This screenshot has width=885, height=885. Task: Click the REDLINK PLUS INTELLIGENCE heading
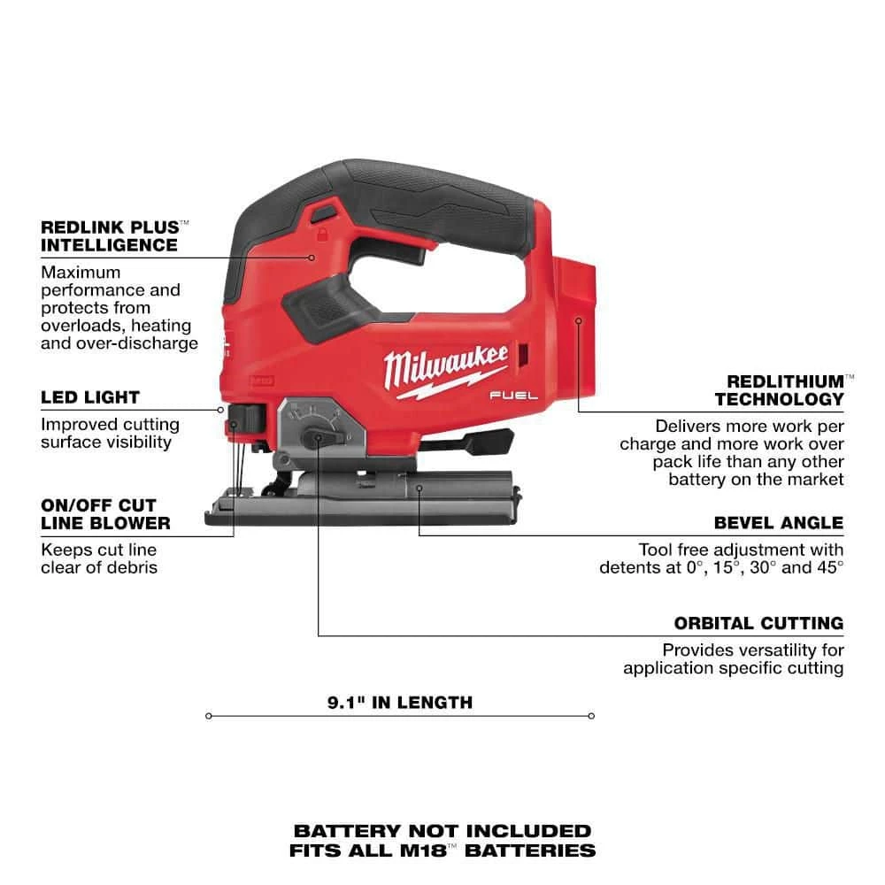(x=110, y=235)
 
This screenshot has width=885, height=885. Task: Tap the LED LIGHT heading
(x=89, y=397)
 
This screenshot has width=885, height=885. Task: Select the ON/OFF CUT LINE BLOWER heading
(x=105, y=513)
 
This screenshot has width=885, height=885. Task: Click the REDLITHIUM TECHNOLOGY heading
(x=779, y=389)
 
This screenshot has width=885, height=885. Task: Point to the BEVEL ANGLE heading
(x=778, y=522)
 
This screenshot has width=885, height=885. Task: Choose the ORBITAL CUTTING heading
(x=758, y=623)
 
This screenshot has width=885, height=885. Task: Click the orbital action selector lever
(x=315, y=438)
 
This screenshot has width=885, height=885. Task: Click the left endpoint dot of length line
(x=208, y=716)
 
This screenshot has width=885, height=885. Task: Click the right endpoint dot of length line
(x=591, y=716)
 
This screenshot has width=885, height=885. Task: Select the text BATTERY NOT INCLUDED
(x=442, y=830)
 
